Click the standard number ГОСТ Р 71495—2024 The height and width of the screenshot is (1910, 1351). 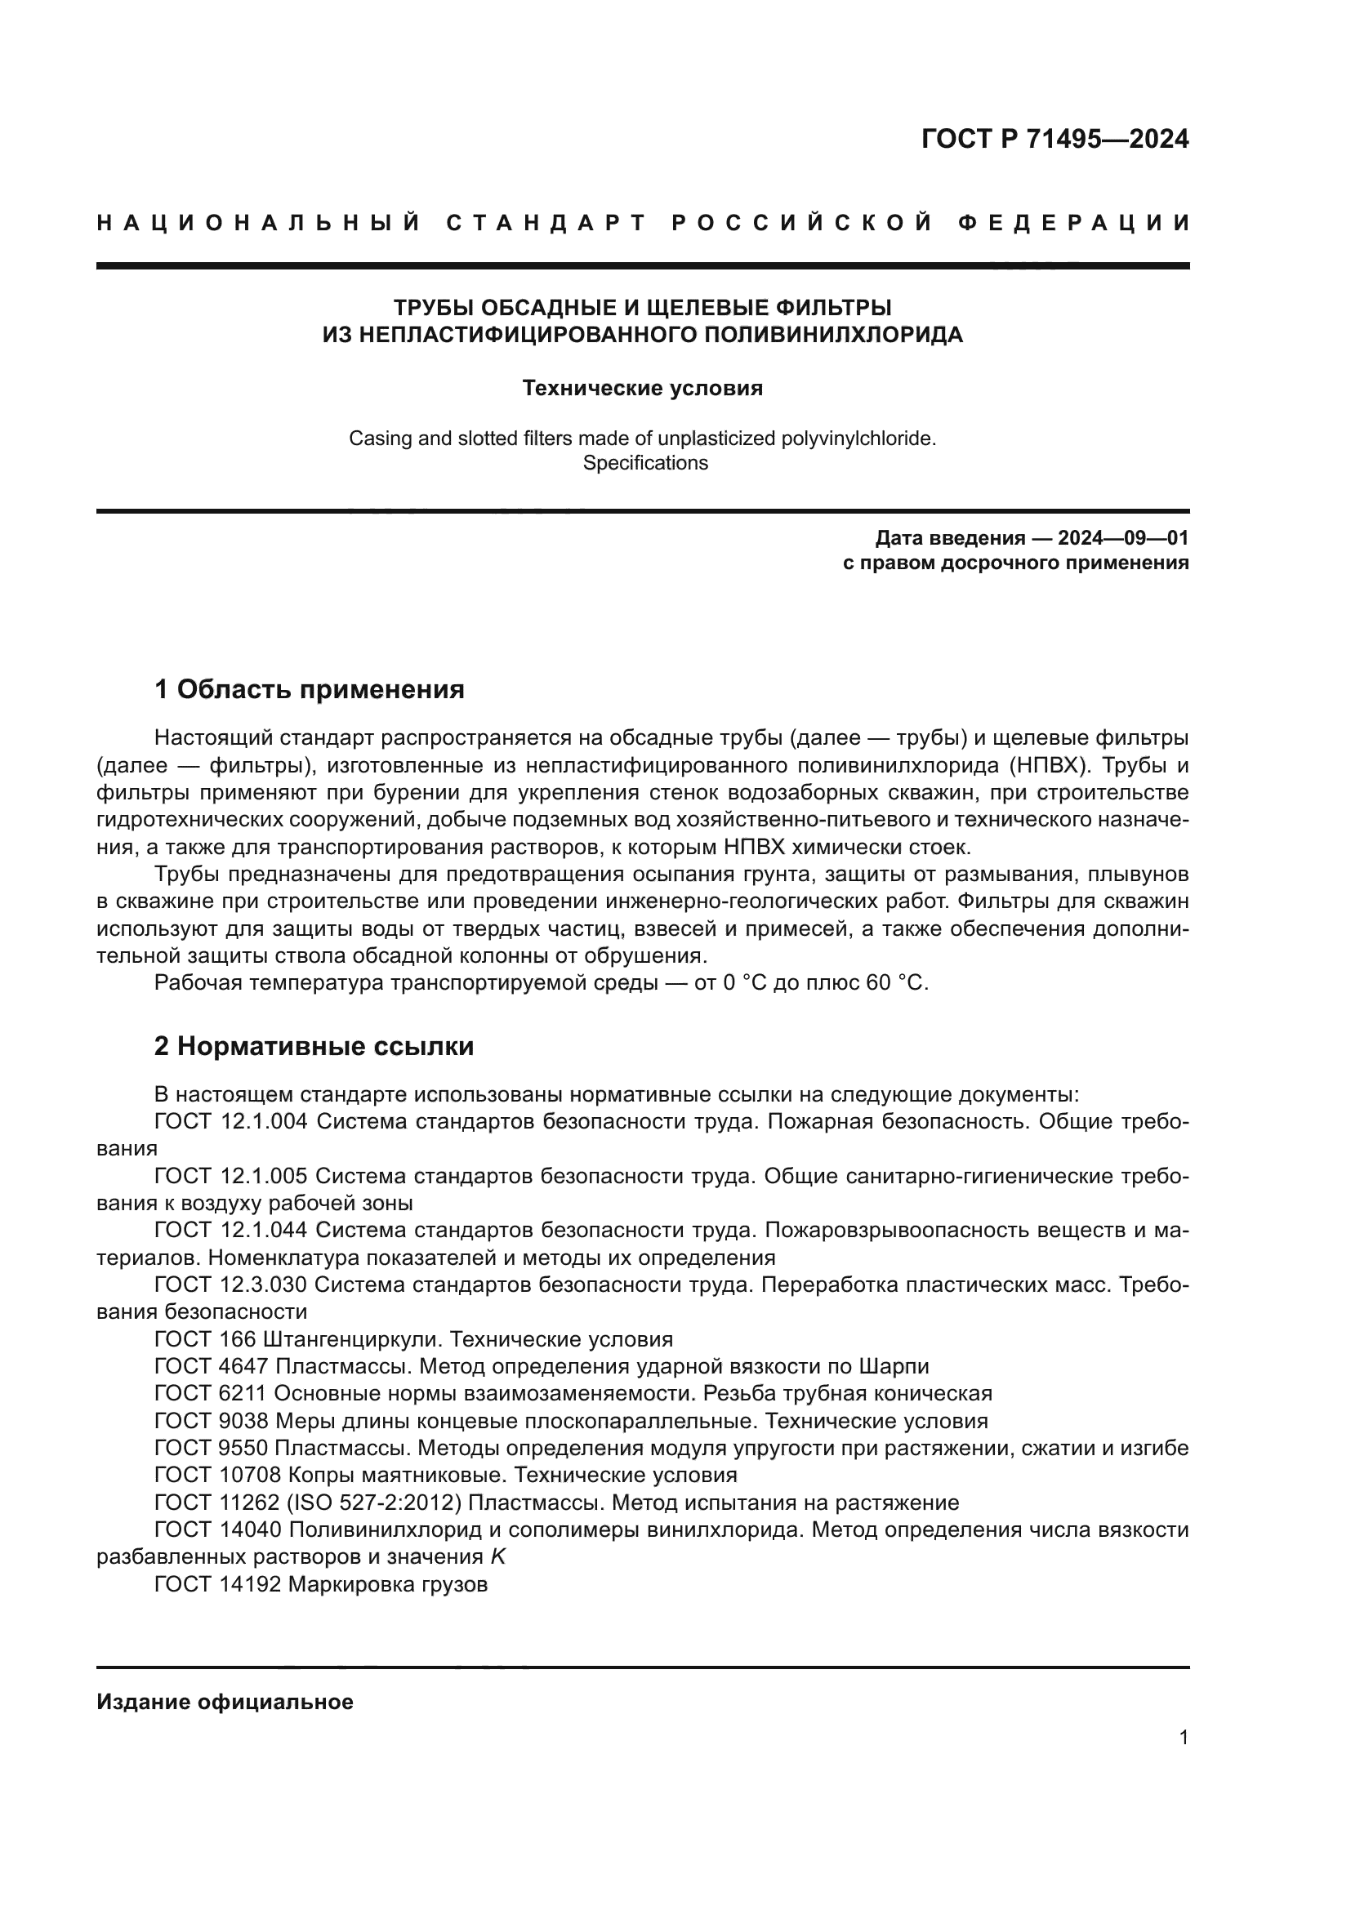(x=1054, y=139)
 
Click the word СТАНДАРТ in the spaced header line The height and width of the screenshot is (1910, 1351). (x=546, y=223)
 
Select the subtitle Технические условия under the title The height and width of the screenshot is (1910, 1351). (x=642, y=389)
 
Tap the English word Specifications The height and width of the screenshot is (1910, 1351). (x=644, y=463)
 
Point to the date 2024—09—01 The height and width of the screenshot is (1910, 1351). (x=1122, y=538)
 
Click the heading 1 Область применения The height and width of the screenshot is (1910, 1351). (x=309, y=689)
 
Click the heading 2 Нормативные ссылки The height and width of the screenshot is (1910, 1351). (x=314, y=1046)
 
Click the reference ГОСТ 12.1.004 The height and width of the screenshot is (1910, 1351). (x=230, y=1121)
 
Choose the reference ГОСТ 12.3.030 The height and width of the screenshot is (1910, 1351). (x=230, y=1285)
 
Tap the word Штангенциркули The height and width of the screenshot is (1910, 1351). (x=350, y=1339)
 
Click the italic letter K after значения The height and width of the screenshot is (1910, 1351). (x=497, y=1557)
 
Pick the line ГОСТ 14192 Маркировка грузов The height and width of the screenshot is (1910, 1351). (x=320, y=1585)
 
